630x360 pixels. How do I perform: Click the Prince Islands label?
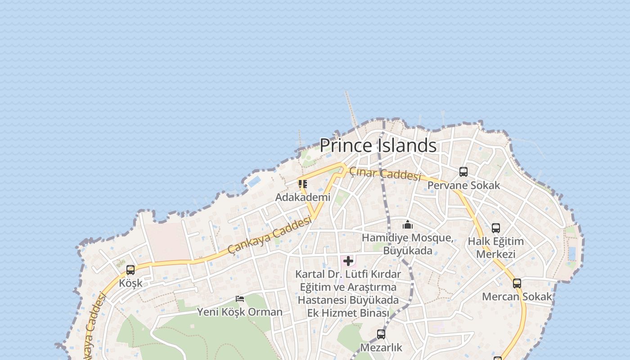(378, 145)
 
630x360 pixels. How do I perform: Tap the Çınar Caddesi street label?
(385, 174)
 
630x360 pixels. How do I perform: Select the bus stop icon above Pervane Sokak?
(463, 172)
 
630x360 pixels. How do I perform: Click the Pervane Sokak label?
(463, 185)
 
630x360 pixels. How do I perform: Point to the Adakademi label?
(303, 197)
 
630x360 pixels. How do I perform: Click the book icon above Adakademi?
(303, 184)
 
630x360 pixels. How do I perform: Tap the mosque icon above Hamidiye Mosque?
(408, 225)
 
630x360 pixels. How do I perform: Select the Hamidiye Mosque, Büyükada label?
(408, 244)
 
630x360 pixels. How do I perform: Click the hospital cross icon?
(348, 261)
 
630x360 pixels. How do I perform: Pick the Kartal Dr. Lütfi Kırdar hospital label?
(348, 293)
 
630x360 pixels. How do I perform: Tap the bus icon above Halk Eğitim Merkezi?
(495, 228)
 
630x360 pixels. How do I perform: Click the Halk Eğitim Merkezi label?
(495, 247)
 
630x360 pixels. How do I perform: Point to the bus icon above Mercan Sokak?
(517, 283)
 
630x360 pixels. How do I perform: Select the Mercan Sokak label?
(517, 297)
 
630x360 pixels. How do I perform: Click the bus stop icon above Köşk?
(130, 270)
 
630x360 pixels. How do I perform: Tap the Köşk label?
(130, 283)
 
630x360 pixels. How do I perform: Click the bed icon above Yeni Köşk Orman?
(240, 299)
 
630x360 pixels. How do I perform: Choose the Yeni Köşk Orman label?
(240, 312)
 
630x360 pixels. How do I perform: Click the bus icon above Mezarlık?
(381, 334)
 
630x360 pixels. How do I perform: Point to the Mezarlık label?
(381, 347)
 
